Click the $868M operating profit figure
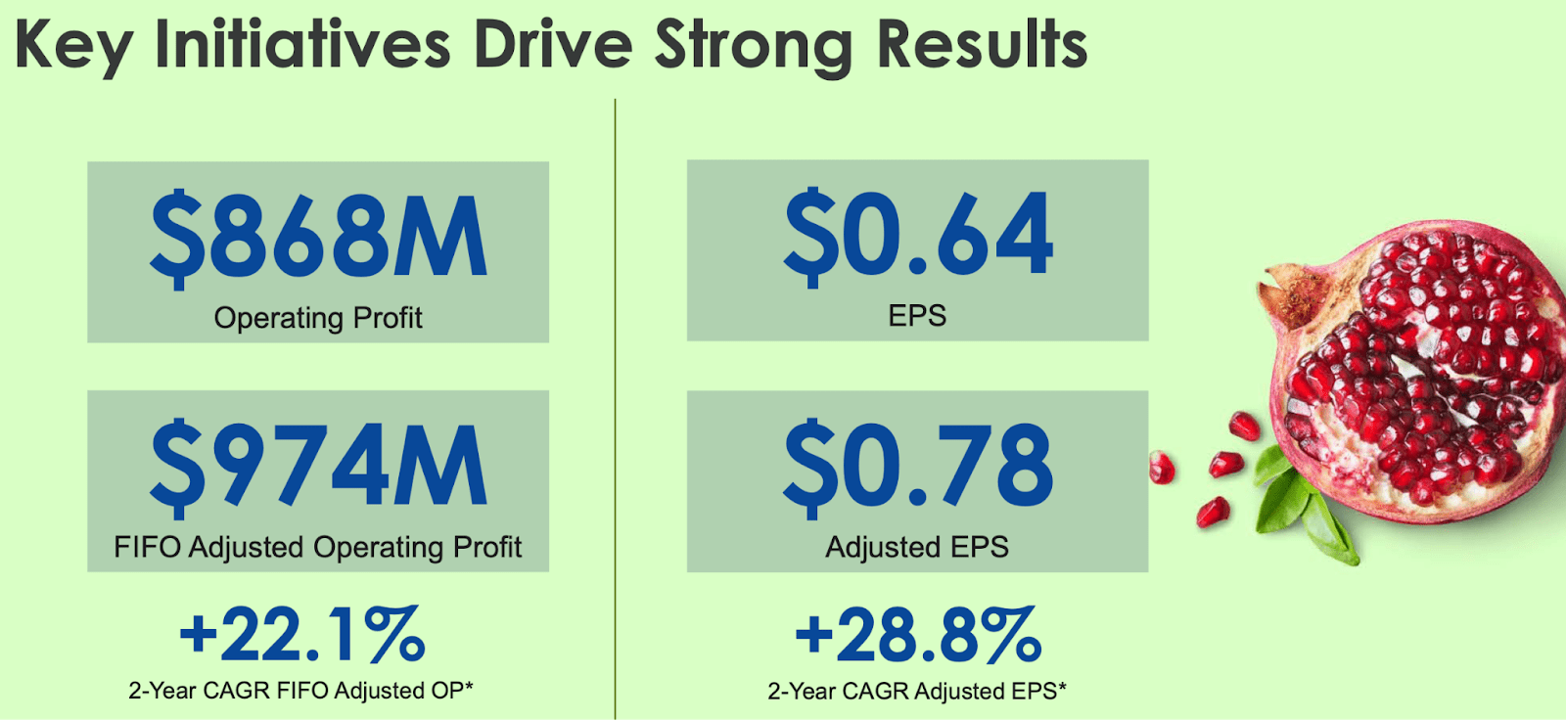point(318,237)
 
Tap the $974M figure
point(318,468)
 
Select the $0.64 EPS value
point(917,235)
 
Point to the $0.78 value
point(917,467)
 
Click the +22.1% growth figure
point(301,635)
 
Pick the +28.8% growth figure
point(917,635)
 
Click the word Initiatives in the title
point(302,45)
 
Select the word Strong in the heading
point(753,45)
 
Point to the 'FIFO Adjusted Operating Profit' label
point(318,547)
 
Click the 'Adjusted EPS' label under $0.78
point(917,547)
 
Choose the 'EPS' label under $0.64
point(917,316)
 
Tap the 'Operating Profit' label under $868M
point(318,318)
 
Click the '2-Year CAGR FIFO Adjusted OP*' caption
point(301,691)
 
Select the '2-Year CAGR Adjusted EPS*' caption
point(917,692)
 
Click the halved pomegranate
point(1419,372)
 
